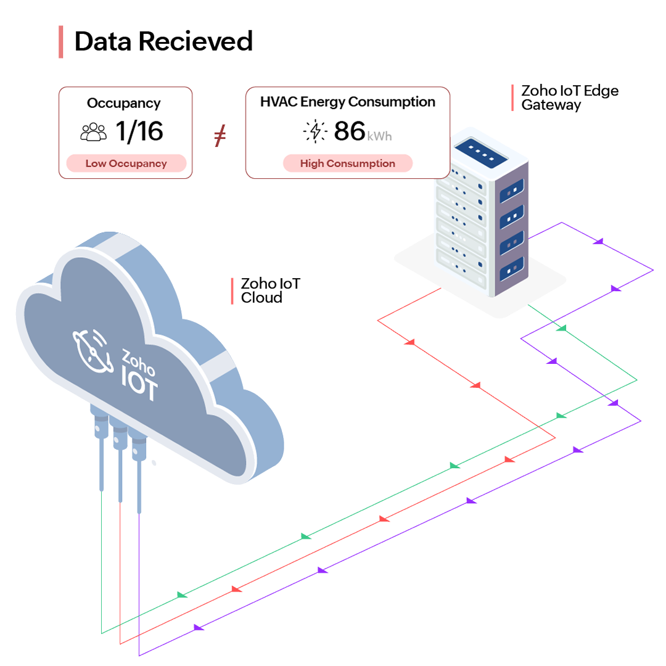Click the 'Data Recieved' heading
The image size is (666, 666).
163,42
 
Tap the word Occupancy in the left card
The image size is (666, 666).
123,103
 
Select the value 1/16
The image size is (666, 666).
139,131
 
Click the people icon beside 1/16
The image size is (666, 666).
94,132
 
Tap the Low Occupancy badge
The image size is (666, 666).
126,163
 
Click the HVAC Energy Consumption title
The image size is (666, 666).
348,102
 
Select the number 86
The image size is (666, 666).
350,131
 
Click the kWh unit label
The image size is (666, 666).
380,136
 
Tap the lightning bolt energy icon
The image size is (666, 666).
316,131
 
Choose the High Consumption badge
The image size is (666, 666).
347,163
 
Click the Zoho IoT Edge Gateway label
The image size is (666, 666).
569,97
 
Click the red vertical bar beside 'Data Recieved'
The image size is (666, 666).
61,42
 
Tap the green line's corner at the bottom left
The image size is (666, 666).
101,633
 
